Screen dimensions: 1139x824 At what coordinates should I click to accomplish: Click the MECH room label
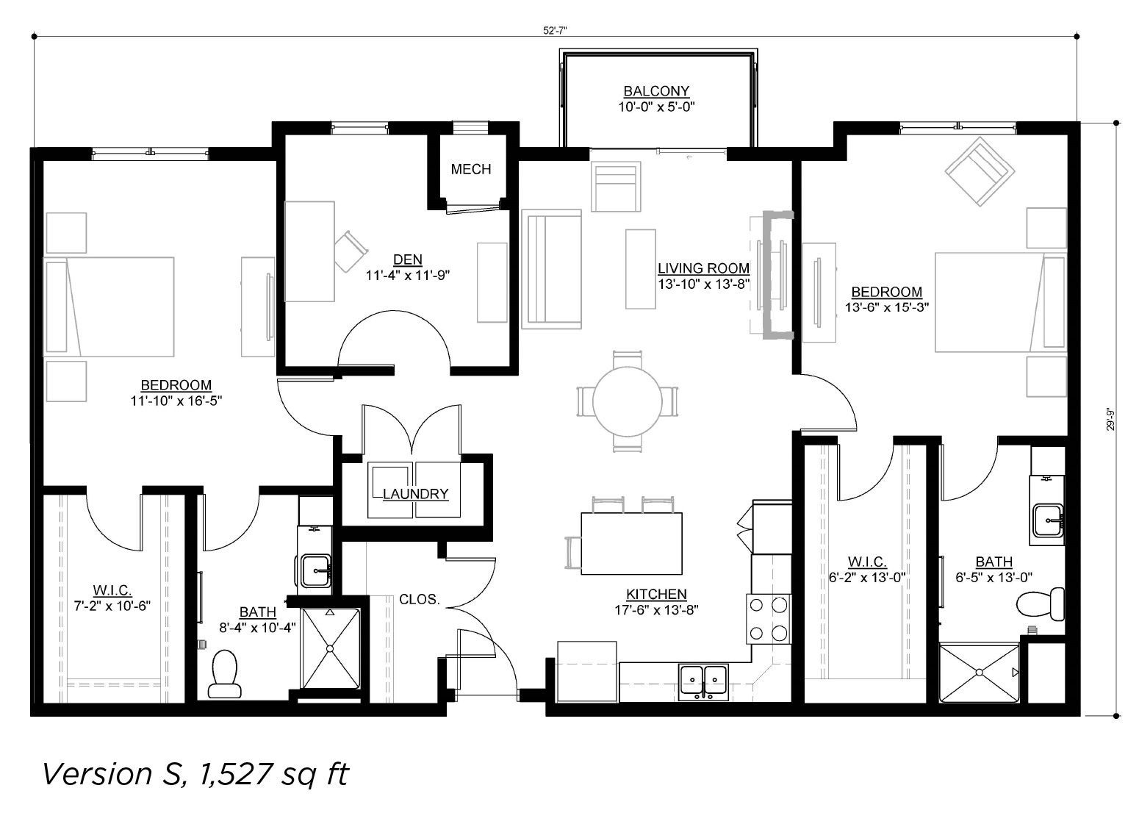tap(471, 169)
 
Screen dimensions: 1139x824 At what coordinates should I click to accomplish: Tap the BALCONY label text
tap(656, 91)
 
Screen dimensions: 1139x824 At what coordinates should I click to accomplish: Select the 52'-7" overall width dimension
tap(555, 31)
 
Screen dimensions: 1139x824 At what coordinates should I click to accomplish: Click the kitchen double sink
tap(704, 681)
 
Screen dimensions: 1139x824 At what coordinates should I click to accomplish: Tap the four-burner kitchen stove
tap(769, 619)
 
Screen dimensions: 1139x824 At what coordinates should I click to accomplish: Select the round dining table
tap(627, 401)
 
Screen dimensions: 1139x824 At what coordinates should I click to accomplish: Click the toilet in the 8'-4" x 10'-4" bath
tap(224, 674)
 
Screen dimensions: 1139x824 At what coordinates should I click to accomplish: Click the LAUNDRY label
tap(415, 494)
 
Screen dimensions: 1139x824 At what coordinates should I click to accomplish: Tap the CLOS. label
tap(419, 600)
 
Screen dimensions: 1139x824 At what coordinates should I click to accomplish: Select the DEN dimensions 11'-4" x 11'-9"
tap(408, 276)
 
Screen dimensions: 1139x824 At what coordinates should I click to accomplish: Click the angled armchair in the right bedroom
tap(980, 171)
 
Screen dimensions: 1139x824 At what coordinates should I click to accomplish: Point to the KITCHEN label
tap(656, 594)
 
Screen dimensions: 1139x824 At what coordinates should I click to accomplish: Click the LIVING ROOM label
tap(704, 268)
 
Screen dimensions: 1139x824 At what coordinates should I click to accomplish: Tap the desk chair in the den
tap(351, 251)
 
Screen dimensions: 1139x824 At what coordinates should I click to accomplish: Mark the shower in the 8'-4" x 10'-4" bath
tap(330, 648)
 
